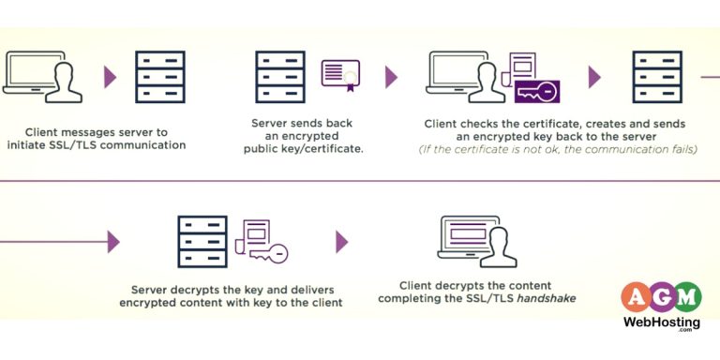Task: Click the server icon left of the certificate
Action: click(x=279, y=77)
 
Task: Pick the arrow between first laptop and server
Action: click(x=111, y=77)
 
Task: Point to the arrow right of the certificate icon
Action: click(x=391, y=77)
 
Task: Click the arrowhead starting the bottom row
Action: click(x=113, y=242)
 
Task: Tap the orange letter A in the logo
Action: click(x=635, y=297)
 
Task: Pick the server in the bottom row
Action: click(x=202, y=241)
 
